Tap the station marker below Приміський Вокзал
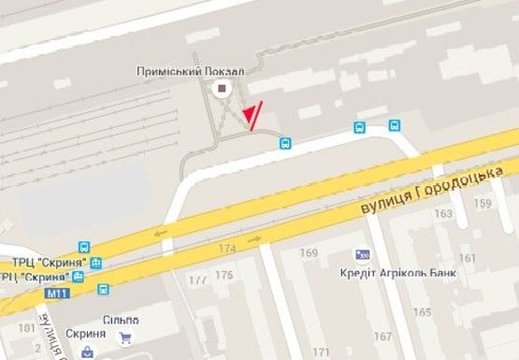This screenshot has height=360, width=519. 222,89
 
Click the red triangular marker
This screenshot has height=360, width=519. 249,116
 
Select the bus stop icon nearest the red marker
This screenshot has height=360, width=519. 285,143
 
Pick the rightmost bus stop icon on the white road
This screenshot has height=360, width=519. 395,124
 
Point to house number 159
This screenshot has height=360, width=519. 483,203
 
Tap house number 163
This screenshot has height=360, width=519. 441,214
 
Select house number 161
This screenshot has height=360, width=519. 467,257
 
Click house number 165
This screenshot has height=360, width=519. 423,311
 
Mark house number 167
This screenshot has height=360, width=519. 382,336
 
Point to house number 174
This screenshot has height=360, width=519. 227,249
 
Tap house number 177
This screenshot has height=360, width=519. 197,280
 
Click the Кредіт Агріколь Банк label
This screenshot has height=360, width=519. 392,273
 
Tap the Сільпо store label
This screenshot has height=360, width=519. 121,320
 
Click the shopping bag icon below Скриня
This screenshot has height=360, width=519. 88,353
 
